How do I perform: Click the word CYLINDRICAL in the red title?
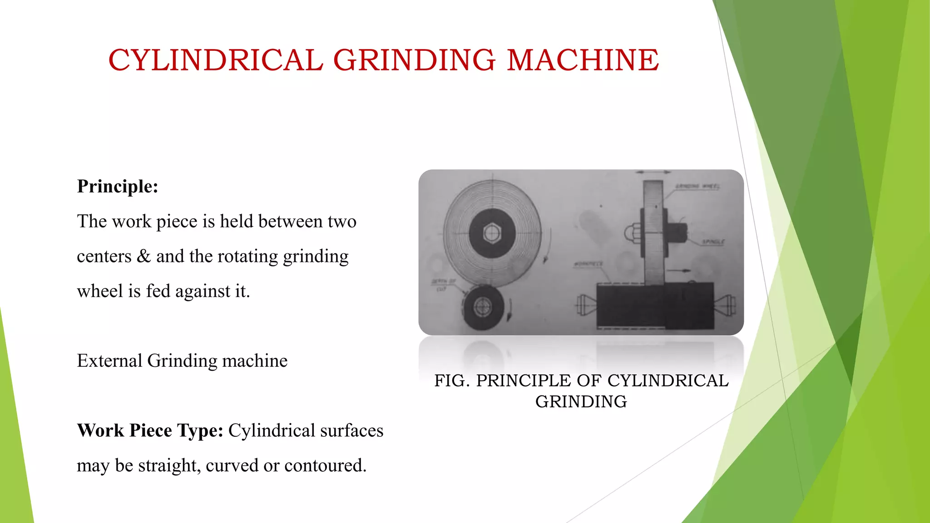point(215,60)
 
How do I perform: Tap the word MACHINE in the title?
point(583,60)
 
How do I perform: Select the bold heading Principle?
point(118,187)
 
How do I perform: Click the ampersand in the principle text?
point(143,257)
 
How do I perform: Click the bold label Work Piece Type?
point(150,431)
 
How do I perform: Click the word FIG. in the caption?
point(452,381)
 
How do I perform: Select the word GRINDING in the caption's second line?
point(581,402)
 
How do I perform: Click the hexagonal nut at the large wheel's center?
point(492,233)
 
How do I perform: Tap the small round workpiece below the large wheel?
point(483,307)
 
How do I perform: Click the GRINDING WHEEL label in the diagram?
point(697,186)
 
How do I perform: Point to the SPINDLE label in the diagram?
point(713,242)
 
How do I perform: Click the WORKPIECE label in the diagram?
point(589,264)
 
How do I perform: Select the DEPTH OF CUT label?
point(443,285)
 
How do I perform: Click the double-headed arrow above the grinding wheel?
point(653,173)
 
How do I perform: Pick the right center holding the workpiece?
point(726,305)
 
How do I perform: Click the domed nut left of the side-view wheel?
point(631,233)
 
